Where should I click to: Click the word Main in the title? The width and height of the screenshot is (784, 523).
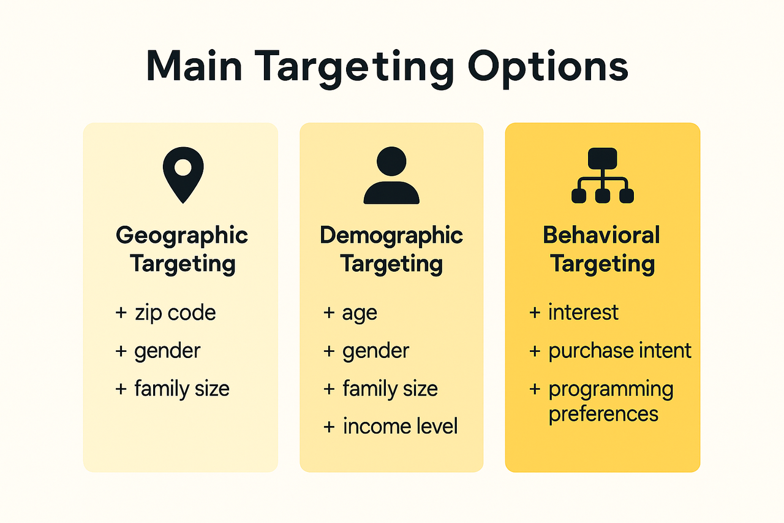(x=194, y=66)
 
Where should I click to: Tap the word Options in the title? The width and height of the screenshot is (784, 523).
(x=548, y=69)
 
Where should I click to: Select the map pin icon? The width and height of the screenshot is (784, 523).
(x=183, y=175)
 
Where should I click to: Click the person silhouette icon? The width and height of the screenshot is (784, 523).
(x=391, y=175)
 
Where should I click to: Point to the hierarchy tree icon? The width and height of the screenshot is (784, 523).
(x=602, y=175)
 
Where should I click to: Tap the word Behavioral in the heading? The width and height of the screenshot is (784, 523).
(x=601, y=235)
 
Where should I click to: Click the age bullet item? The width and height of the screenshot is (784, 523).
(x=360, y=313)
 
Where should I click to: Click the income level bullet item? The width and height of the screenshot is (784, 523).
(x=400, y=426)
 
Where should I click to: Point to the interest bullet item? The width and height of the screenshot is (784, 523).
(x=584, y=311)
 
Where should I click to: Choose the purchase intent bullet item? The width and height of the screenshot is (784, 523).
(x=620, y=351)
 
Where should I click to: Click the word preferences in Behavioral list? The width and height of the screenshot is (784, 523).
(x=603, y=414)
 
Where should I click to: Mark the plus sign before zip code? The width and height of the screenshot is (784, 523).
(x=121, y=313)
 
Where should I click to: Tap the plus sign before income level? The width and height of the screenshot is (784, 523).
(x=329, y=427)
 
